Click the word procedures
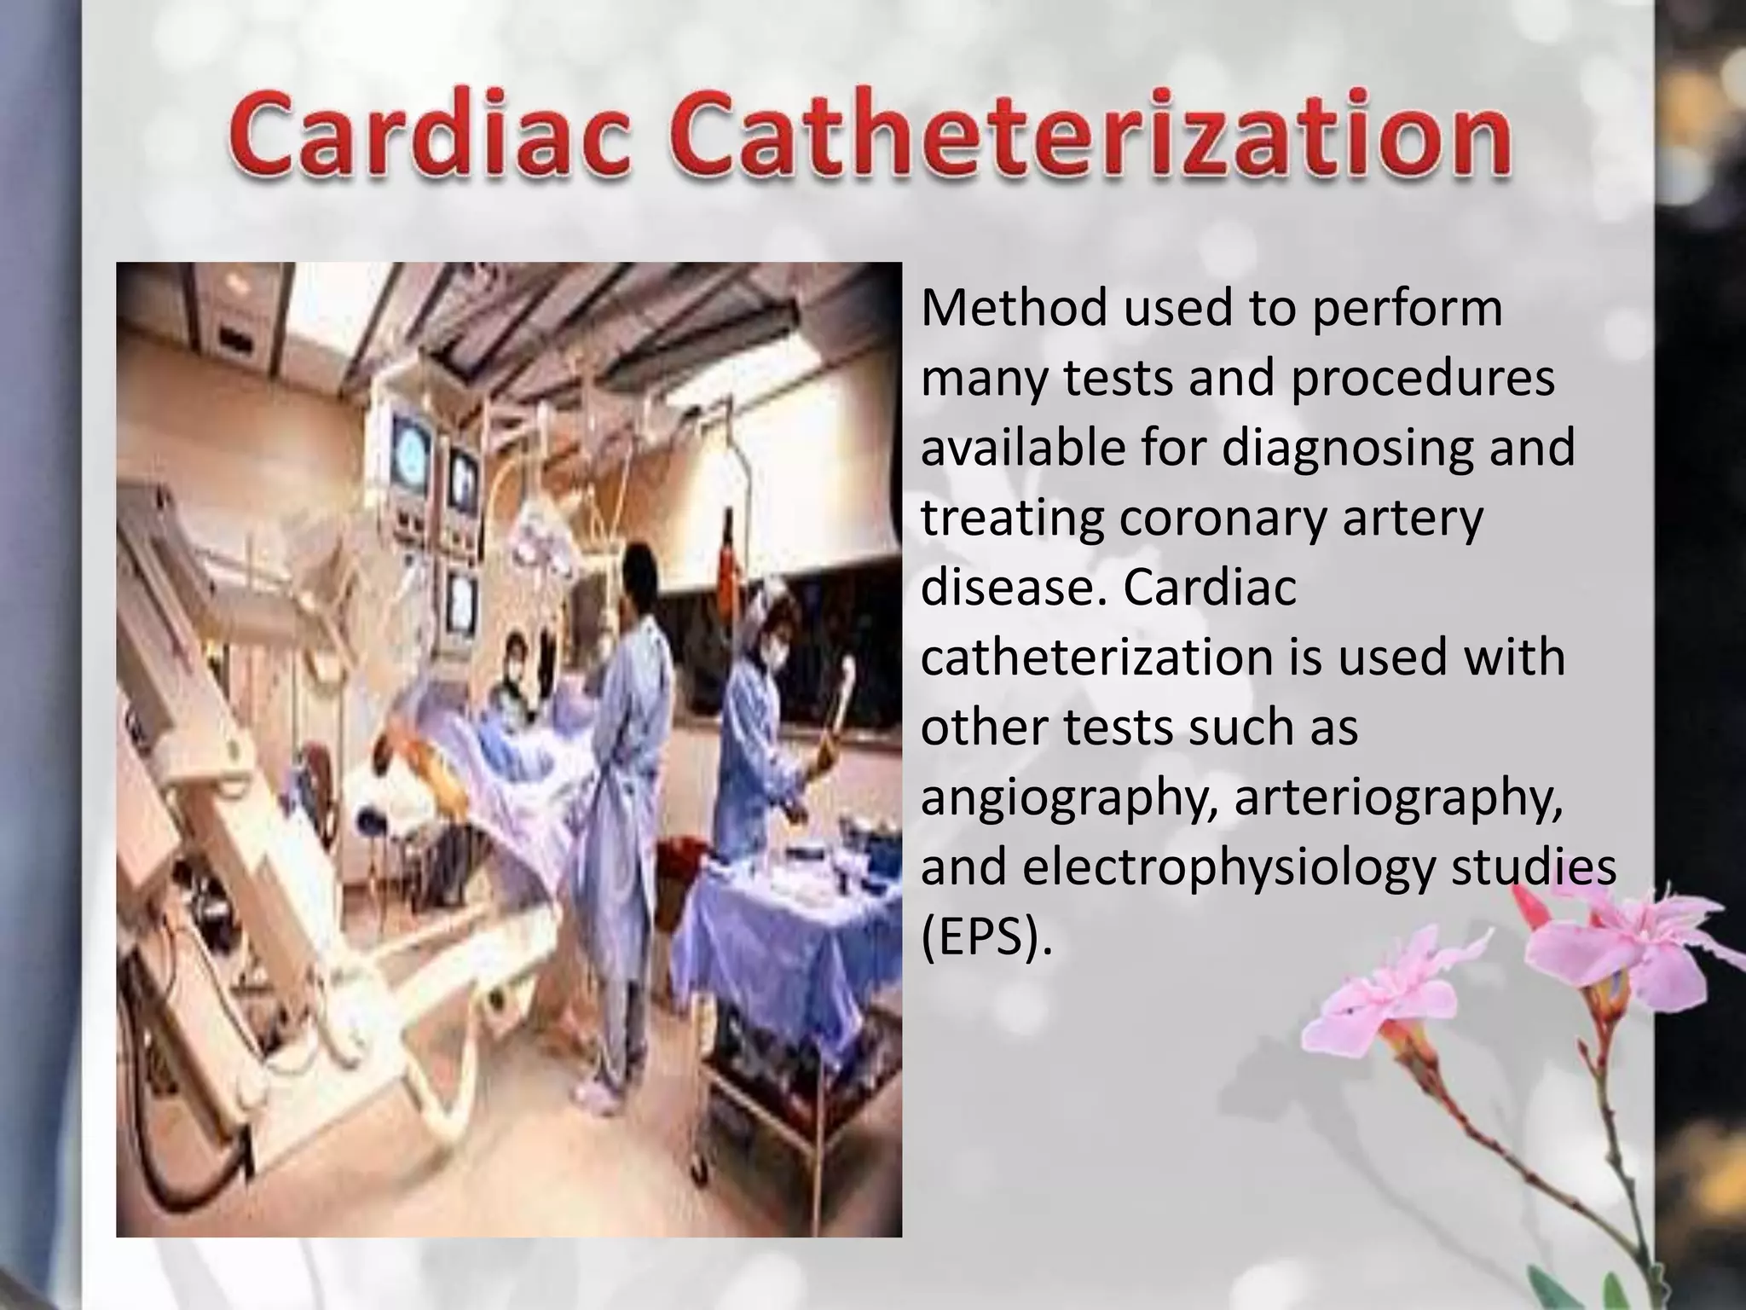coord(1422,379)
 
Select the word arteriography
coord(1399,799)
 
